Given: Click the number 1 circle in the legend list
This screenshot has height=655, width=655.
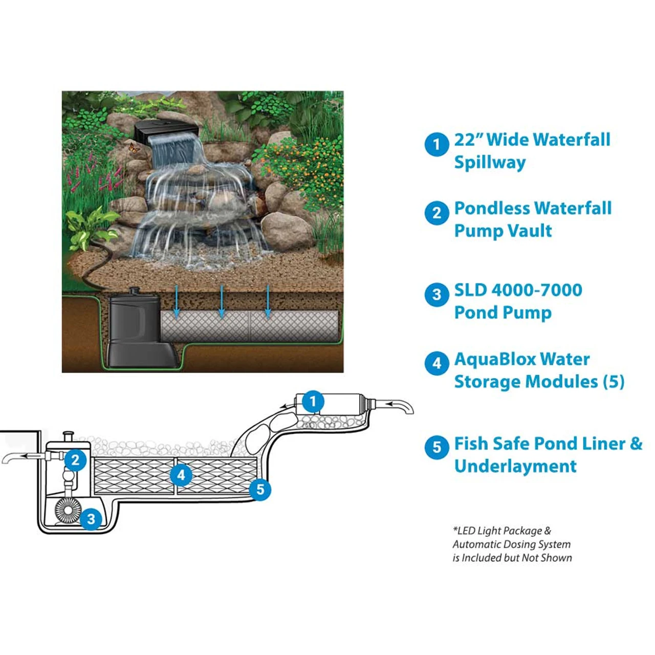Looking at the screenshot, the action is [436, 144].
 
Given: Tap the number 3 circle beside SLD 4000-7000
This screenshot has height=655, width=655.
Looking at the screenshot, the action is [436, 294].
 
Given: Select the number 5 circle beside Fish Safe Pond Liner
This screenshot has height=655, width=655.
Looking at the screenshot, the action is [436, 447].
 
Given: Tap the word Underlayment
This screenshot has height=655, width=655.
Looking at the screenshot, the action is [515, 466].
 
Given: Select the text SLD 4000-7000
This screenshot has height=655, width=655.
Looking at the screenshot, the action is [518, 290].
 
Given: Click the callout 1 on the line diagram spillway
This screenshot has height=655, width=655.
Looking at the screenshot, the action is [313, 401].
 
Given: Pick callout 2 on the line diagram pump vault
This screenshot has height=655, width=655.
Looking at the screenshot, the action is [75, 460].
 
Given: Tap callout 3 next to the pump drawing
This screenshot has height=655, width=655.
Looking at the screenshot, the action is [91, 519].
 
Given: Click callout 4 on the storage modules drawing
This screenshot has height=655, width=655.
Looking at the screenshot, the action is [181, 475].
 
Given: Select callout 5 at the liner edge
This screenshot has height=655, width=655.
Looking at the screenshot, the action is [260, 490].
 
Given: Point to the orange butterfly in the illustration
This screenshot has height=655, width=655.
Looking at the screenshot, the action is [132, 147].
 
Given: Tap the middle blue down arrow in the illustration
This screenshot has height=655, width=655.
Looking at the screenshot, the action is [222, 301].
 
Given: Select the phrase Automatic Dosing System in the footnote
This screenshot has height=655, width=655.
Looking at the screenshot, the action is [511, 544].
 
